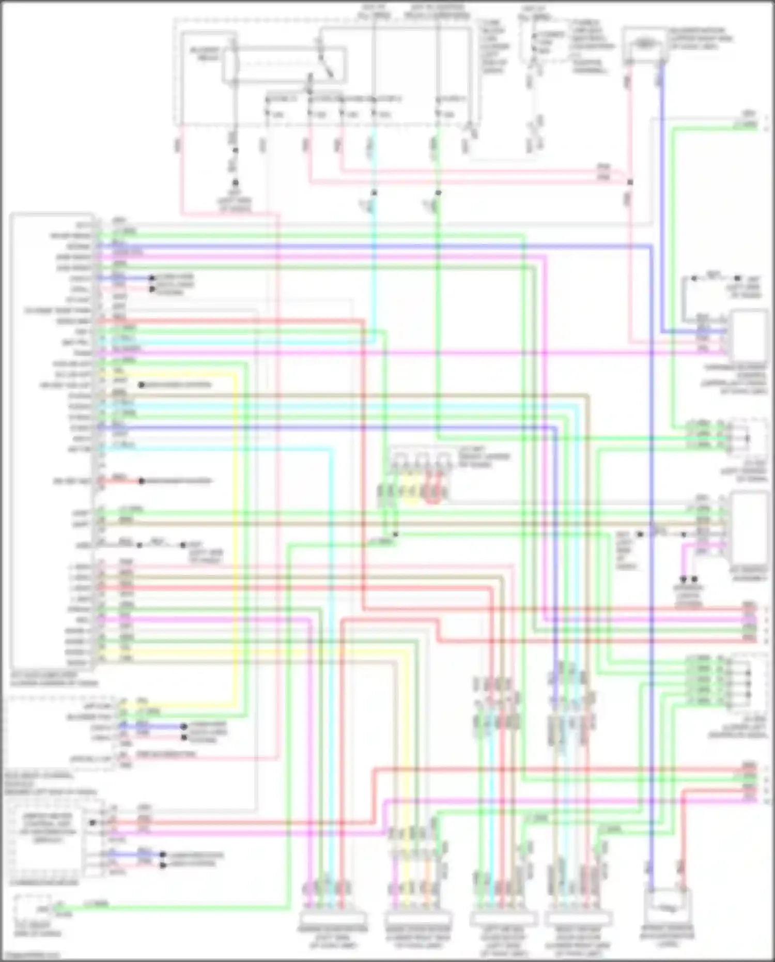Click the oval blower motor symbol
[644, 43]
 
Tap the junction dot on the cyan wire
[374, 193]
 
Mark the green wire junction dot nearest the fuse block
[438, 193]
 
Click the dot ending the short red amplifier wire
[141, 481]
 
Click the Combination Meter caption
[44, 882]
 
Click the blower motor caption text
[700, 39]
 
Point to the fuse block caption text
[494, 47]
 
